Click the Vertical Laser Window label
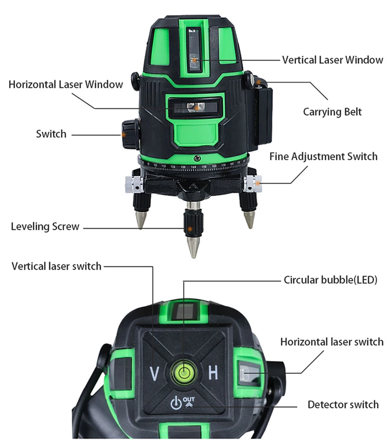coord(332,60)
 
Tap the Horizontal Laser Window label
coord(66,84)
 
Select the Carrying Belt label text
coord(332,112)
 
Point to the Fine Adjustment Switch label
coord(323,156)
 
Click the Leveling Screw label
coord(45,226)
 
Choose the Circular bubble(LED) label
coord(330,280)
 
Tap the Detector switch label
coord(343,404)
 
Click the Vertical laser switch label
coord(56,266)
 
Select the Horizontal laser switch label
coord(331,342)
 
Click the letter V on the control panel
coord(154,373)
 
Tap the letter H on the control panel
coord(213,373)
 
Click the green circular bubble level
coord(183,373)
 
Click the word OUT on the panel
coord(189,400)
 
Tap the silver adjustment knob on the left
coord(134,184)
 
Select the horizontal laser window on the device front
coord(195,108)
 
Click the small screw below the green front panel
coord(197,158)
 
